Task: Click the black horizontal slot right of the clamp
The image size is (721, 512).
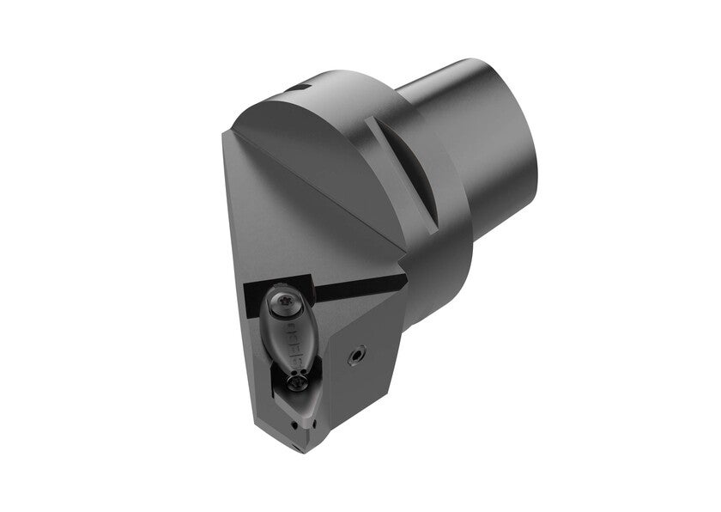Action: pyautogui.click(x=352, y=289)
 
